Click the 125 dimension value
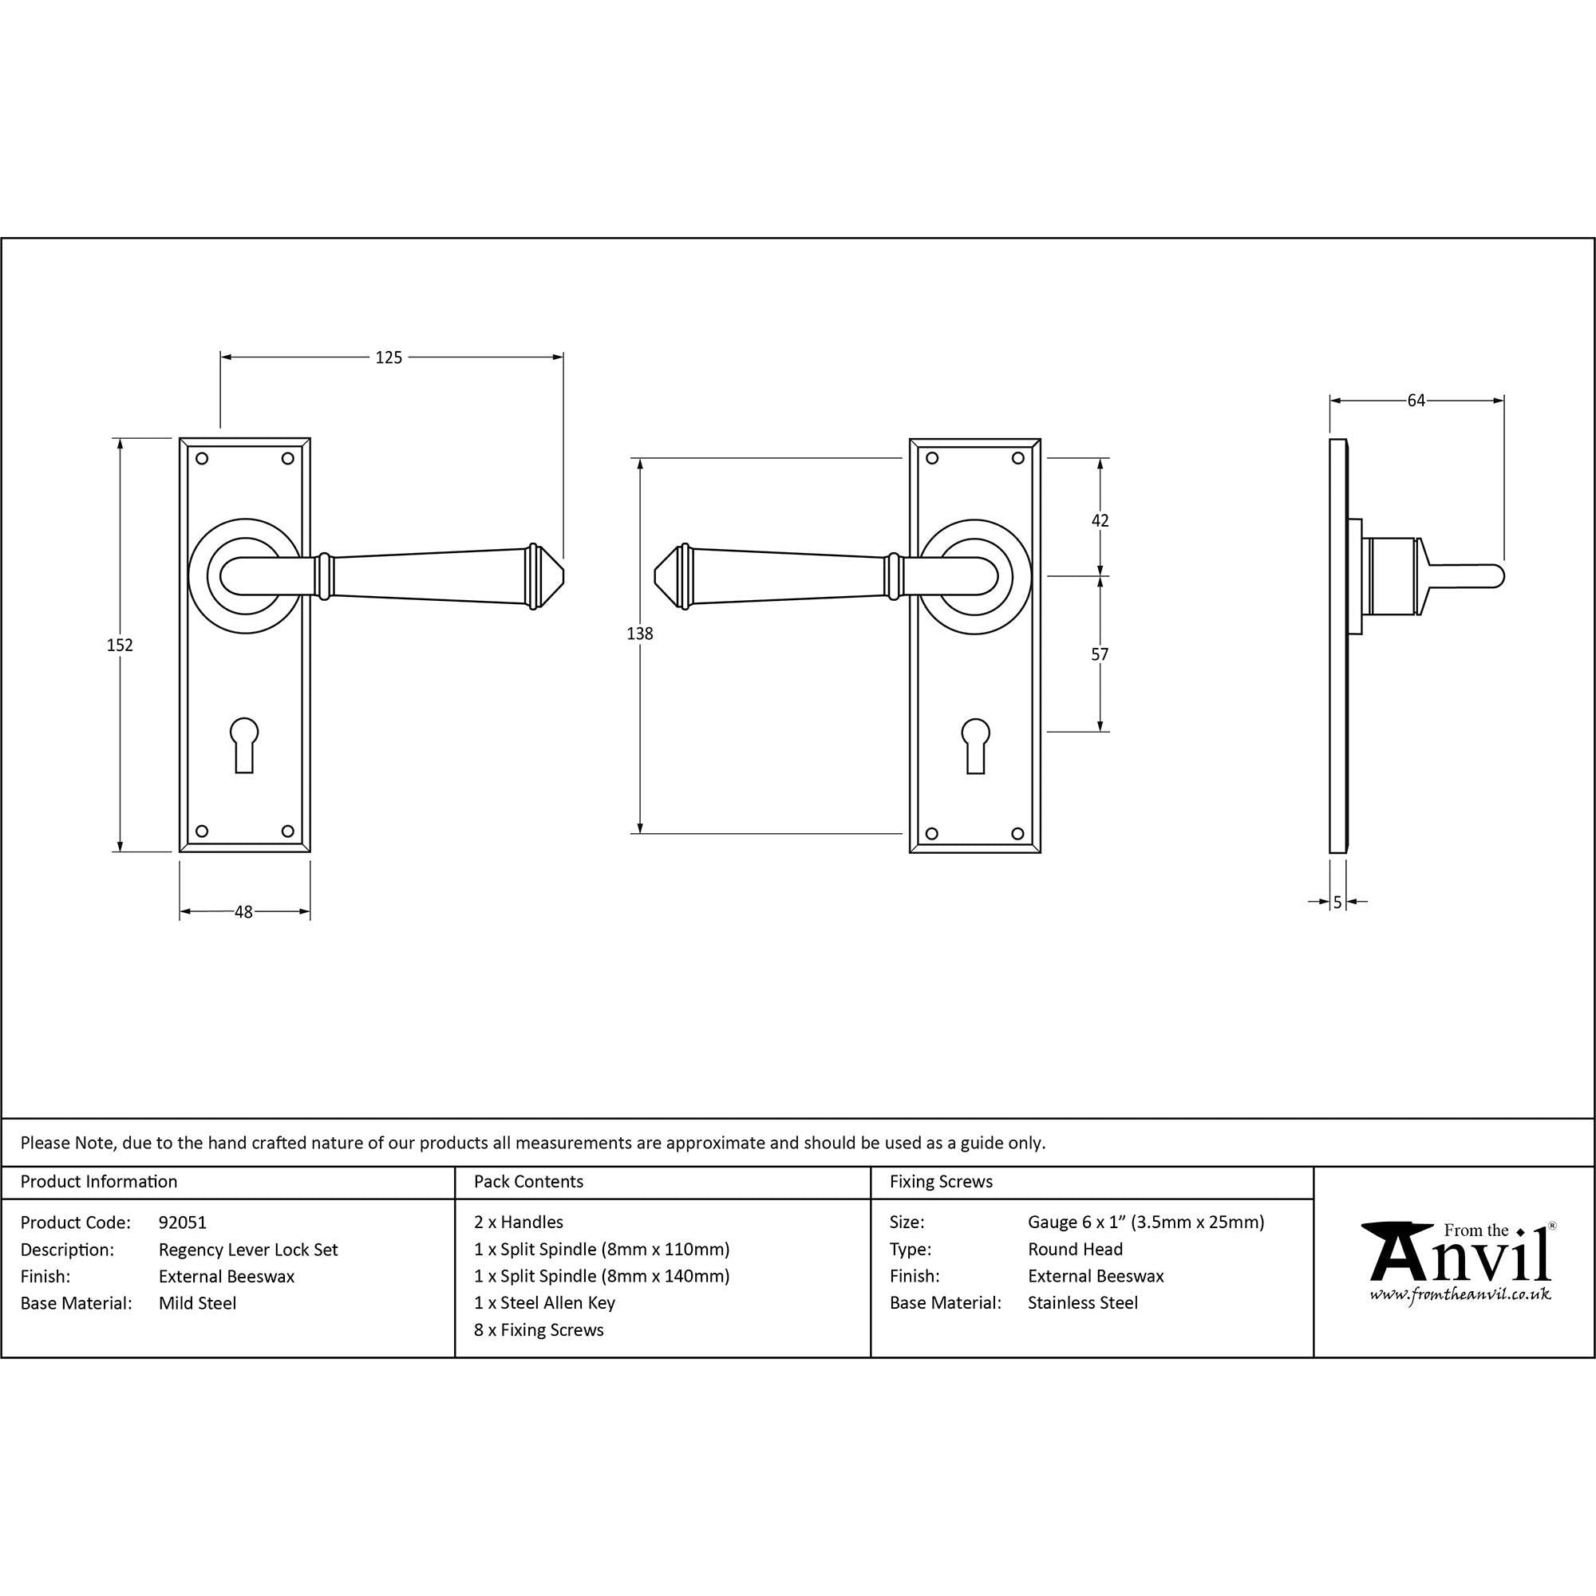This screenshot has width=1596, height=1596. [389, 358]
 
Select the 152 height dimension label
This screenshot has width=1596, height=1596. [120, 645]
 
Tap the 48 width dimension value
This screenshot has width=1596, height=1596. [243, 912]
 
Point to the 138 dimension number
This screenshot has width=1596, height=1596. [639, 634]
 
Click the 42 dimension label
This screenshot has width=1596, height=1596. [1100, 520]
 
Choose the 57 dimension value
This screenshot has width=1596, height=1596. [1100, 654]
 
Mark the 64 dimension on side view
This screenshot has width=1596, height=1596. [1416, 401]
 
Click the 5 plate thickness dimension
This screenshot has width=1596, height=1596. [1337, 902]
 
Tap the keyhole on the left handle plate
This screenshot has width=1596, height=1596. [243, 744]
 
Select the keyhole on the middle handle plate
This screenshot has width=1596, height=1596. [975, 744]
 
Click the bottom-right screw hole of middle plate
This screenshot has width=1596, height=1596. [1017, 834]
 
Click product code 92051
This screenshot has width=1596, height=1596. [183, 1222]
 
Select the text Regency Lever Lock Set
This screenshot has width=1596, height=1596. [248, 1249]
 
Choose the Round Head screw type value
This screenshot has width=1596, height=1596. [1075, 1249]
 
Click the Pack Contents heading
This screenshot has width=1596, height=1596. [529, 1181]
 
